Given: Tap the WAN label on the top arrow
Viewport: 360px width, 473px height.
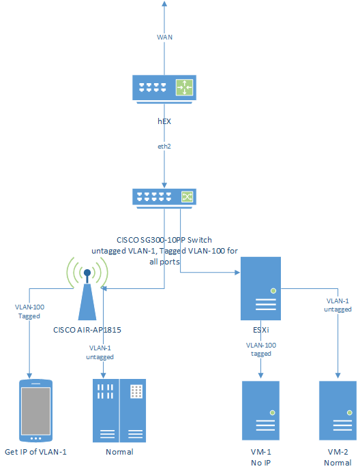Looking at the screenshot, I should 164,37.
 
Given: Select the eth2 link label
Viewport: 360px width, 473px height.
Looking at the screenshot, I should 164,145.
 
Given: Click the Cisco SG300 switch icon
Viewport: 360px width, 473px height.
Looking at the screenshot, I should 164,198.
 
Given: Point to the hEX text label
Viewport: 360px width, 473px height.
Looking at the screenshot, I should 164,121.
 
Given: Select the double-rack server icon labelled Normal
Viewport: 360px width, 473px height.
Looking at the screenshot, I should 119,412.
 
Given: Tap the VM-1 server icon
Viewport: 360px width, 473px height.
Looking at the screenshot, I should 261,412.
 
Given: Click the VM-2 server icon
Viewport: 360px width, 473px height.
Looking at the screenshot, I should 337,412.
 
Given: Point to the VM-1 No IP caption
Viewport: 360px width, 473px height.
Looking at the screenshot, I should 262,457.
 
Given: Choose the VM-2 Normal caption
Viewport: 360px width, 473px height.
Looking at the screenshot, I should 337,457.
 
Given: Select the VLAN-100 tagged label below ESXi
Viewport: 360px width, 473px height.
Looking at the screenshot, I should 262,350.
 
